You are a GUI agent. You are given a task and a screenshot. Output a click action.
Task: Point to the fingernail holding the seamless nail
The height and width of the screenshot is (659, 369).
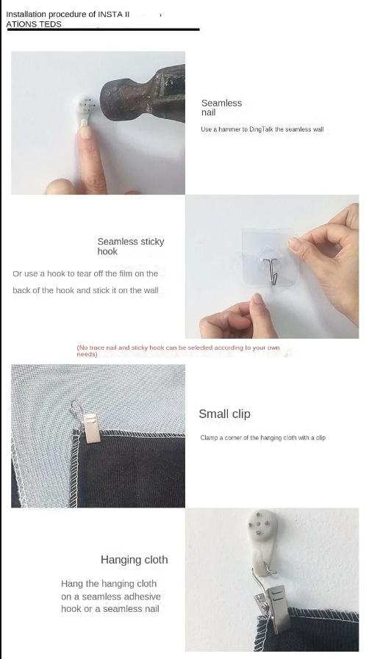pyautogui.click(x=85, y=132)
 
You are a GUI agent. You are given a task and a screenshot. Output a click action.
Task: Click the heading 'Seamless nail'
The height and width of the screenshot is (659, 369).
pyautogui.click(x=221, y=107)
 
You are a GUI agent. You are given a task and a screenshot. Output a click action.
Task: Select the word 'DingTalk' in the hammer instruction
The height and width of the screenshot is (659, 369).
pyautogui.click(x=262, y=129)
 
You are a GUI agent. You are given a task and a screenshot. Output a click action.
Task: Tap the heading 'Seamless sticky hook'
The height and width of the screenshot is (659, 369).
pyautogui.click(x=131, y=246)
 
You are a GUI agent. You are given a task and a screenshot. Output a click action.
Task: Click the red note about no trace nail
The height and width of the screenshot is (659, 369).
pyautogui.click(x=178, y=350)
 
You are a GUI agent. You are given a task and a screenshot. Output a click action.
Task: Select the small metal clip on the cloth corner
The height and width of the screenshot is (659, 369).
pyautogui.click(x=89, y=424)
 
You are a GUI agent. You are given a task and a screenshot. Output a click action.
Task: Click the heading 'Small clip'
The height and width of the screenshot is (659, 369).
pyautogui.click(x=224, y=414)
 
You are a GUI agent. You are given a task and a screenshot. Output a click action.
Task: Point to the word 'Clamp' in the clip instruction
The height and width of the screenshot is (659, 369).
pyautogui.click(x=209, y=438)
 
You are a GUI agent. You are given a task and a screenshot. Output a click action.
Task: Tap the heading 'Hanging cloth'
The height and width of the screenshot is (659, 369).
pyautogui.click(x=134, y=560)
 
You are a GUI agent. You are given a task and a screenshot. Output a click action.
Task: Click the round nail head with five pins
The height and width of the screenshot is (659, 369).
pyautogui.click(x=262, y=524)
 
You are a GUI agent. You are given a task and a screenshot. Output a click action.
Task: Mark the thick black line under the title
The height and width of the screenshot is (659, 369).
pyautogui.click(x=103, y=29)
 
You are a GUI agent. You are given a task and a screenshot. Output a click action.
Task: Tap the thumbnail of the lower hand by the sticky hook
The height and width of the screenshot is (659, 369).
pyautogui.click(x=257, y=299)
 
